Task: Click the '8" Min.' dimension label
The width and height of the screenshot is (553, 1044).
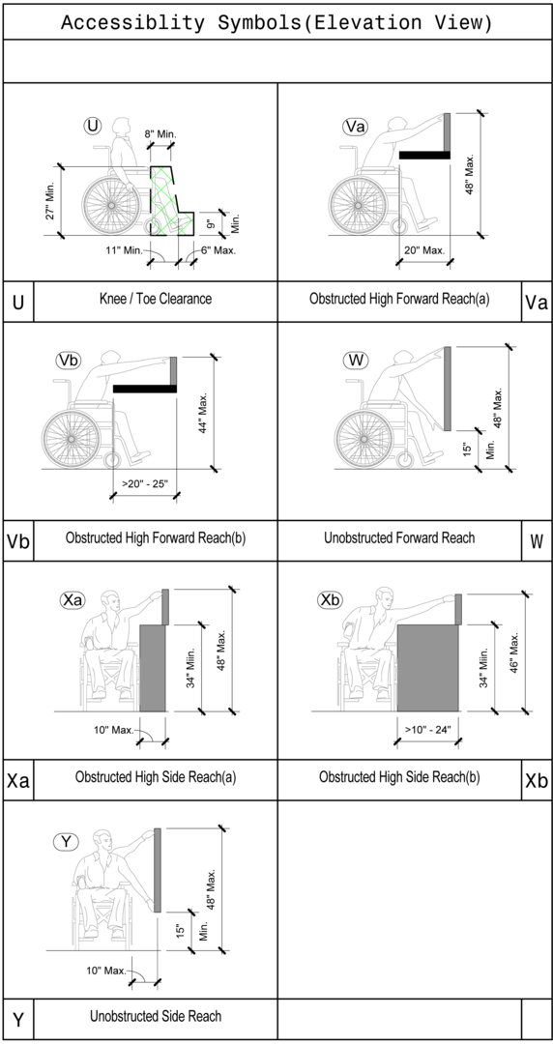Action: click(x=161, y=134)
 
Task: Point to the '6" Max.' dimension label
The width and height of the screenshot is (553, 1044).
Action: click(x=218, y=250)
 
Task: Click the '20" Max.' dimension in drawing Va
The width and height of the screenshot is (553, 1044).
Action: click(x=423, y=250)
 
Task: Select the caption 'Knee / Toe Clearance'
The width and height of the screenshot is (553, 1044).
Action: click(x=156, y=300)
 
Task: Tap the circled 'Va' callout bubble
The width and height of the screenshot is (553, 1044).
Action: click(x=355, y=127)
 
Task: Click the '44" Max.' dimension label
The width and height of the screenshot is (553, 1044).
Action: click(x=204, y=412)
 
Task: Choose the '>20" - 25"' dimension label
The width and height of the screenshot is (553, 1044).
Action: click(x=144, y=483)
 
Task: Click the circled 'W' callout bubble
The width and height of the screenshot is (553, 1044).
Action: click(x=356, y=361)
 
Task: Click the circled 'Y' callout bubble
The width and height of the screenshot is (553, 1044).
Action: click(x=66, y=841)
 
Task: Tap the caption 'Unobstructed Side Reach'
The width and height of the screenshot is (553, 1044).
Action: click(x=156, y=1016)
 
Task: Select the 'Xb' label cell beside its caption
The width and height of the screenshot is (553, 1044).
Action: click(x=537, y=779)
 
